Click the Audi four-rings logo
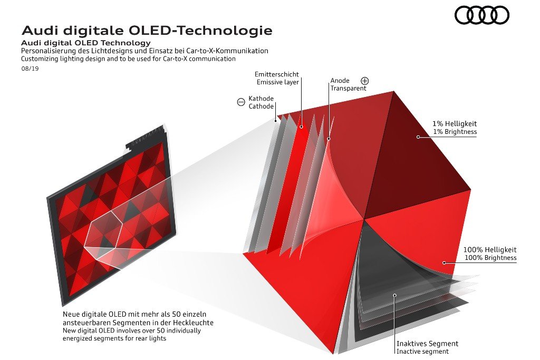pos(482,15)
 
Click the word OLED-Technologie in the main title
pos(200,31)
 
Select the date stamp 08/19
pos(30,69)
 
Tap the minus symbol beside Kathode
pos(241,102)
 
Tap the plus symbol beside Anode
pos(365,81)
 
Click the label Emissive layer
pos(277,82)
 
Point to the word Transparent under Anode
pos(348,89)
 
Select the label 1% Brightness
pos(455,132)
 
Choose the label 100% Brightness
pos(490,258)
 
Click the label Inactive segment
pos(422,352)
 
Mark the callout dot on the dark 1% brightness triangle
pos(418,137)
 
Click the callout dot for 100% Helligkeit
pos(444,263)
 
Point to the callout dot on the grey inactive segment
pos(395,295)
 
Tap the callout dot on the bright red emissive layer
pos(301,127)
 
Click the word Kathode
pos(261,99)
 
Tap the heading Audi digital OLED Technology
pos(86,43)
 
